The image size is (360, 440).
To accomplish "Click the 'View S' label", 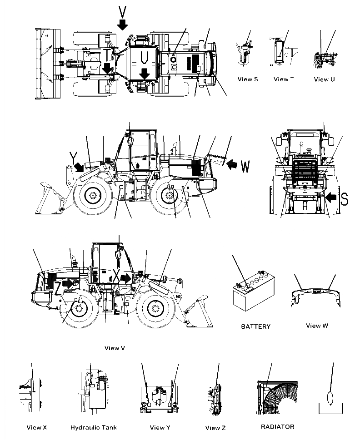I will [248, 79].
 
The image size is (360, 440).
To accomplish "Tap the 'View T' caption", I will [284, 79].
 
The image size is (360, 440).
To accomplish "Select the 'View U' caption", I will [324, 79].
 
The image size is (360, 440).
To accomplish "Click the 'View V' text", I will [115, 348].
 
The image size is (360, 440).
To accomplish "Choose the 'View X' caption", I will [37, 427].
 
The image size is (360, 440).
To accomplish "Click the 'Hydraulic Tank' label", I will [94, 427].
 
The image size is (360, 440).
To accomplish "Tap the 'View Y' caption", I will [160, 427].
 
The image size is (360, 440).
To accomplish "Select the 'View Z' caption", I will [215, 428].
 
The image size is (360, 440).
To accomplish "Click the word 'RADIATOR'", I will [277, 426].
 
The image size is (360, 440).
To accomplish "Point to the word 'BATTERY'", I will [255, 326].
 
